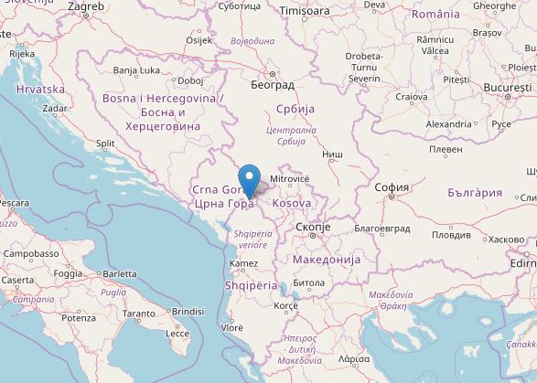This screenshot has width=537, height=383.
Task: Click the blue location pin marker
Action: (248, 178)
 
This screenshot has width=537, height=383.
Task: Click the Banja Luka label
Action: (137, 69)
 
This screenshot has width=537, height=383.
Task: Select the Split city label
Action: (105, 143)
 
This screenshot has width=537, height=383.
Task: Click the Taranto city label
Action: (139, 314)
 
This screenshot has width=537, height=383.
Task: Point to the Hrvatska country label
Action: (40, 89)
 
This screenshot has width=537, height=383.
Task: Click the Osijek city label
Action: (199, 40)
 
